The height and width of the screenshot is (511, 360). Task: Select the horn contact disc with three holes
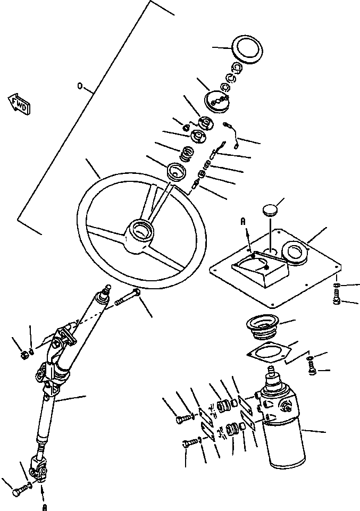pos(218,99)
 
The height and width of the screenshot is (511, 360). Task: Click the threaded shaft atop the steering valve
pos(275,370)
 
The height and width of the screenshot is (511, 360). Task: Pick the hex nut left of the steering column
pos(24,353)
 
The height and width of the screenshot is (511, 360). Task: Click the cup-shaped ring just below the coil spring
pos(176,172)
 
